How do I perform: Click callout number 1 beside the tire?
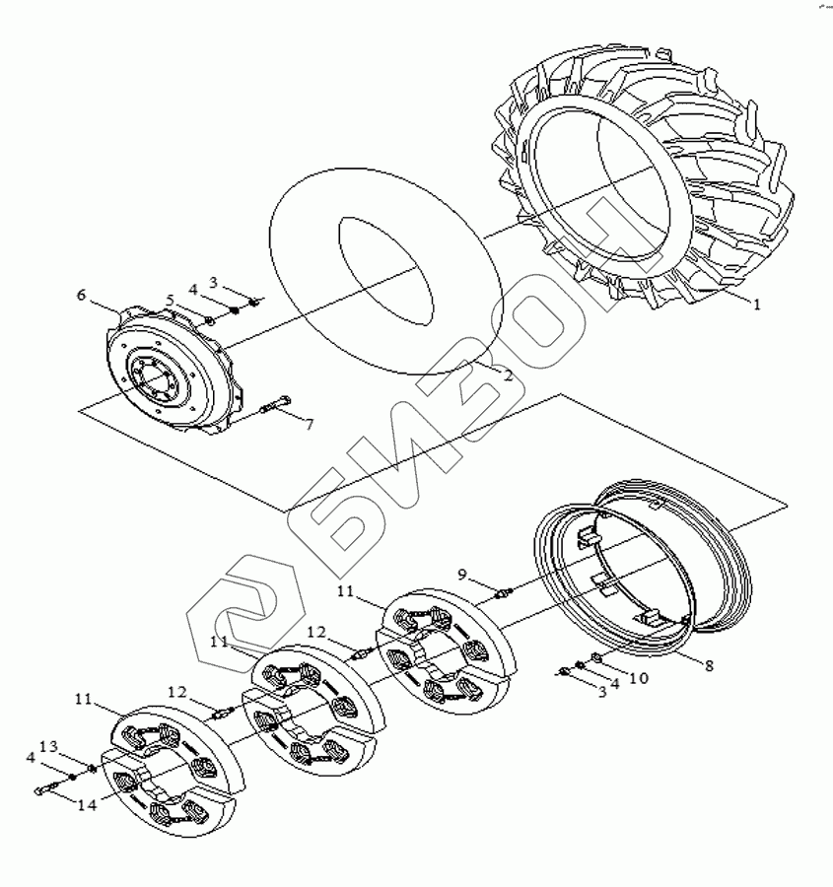tap(757, 305)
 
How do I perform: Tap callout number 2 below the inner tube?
tap(507, 375)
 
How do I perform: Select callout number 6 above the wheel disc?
tap(82, 295)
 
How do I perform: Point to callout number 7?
tap(309, 425)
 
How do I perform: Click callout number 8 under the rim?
tap(709, 664)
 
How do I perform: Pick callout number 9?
tap(462, 575)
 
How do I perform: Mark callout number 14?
tap(87, 804)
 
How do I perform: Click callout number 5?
tap(170, 300)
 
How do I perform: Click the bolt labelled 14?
tap(47, 787)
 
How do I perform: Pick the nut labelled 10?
tap(597, 658)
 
